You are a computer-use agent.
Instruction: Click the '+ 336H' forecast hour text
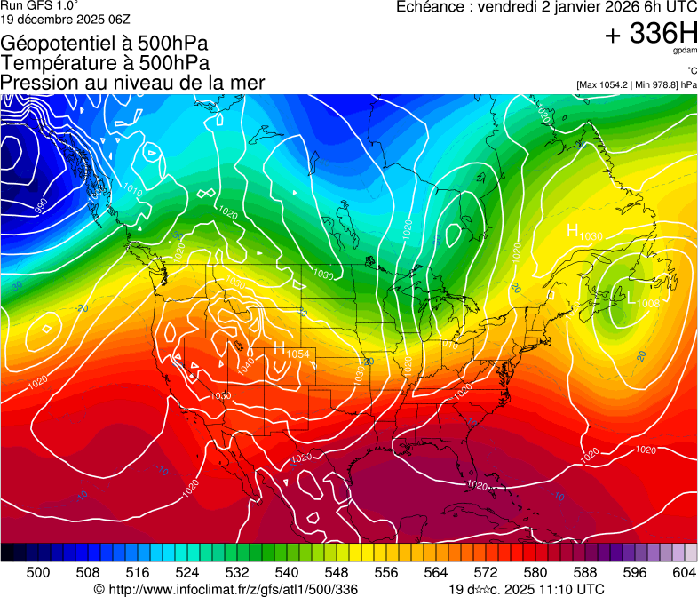pos(651,34)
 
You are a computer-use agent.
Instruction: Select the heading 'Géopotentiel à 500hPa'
pos(104,44)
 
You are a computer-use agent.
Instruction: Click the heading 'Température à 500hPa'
pos(105,63)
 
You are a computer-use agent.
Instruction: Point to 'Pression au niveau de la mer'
pos(132,83)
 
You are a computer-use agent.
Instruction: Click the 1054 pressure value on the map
pos(299,354)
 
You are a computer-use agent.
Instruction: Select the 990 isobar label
pos(41,206)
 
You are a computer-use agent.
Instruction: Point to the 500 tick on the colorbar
pos(38,572)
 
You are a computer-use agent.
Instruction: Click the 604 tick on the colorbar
pos(684,572)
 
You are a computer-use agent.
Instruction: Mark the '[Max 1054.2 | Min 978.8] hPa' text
pos(637,84)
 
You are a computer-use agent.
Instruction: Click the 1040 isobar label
pos(246,362)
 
